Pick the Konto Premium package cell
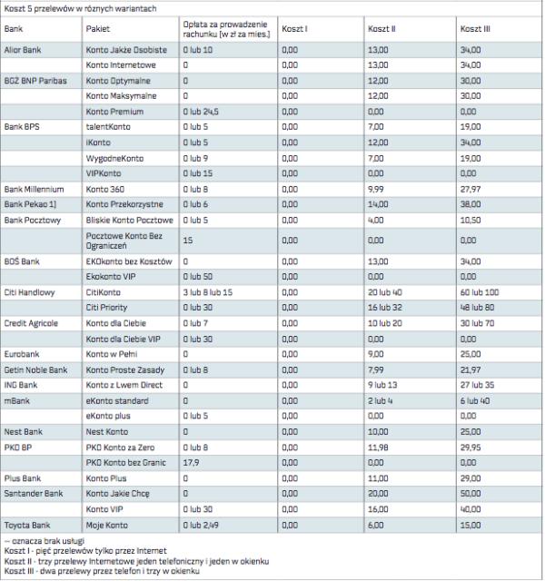coord(115,109)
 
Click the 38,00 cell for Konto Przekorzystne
coord(472,204)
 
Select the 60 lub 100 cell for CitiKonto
coord(480,292)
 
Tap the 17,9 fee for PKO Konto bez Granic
coord(191,461)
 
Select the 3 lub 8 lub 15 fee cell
coord(208,292)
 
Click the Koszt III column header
coord(475,29)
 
